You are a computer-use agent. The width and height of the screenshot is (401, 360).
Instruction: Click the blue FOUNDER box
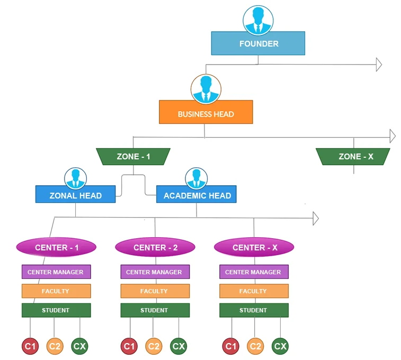tap(258, 43)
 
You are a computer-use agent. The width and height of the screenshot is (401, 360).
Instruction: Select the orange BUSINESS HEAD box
tap(206, 113)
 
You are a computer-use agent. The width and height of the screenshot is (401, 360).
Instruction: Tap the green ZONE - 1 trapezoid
tap(133, 157)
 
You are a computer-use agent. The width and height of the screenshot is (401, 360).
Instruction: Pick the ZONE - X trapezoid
tap(353, 157)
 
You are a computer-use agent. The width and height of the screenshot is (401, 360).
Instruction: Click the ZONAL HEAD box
tap(75, 195)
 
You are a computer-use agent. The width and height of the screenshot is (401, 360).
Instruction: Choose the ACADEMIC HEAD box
tap(197, 195)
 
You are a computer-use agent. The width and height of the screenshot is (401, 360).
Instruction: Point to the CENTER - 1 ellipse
tap(56, 247)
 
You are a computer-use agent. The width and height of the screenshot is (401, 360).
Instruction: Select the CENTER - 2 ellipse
tap(155, 247)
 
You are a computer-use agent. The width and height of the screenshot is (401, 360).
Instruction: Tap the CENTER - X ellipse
tap(254, 247)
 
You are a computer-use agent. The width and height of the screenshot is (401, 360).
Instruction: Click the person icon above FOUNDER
tap(258, 20)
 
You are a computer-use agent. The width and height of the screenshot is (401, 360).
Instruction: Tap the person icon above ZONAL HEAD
tap(75, 178)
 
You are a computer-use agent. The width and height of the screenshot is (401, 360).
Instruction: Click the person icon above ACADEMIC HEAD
tap(197, 178)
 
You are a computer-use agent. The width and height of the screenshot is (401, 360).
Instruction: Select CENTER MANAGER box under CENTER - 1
tap(56, 272)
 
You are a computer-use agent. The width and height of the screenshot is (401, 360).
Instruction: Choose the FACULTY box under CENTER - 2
tap(155, 291)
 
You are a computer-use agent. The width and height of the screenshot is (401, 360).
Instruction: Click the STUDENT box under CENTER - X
tap(254, 310)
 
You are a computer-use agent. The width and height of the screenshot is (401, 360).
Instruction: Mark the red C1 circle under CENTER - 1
tap(30, 346)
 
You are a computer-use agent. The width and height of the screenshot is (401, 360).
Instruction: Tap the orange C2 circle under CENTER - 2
tap(154, 346)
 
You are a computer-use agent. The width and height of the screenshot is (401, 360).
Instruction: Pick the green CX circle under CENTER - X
tap(280, 346)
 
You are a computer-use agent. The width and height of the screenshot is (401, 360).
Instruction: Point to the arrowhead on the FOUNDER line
tap(379, 65)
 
